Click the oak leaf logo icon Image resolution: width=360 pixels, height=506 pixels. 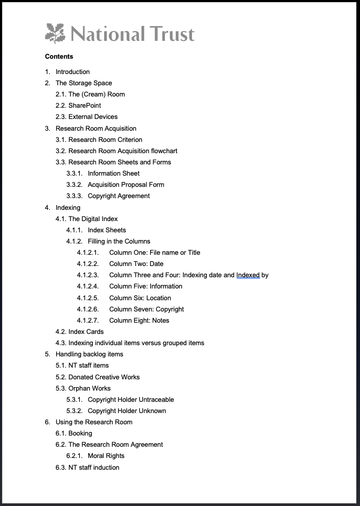tap(55, 33)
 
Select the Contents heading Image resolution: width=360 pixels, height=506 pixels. tap(59, 57)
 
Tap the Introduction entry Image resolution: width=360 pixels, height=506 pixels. tap(73, 72)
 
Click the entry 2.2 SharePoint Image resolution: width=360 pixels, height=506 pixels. tap(84, 106)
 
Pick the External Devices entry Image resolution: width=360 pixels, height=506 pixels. tap(92, 117)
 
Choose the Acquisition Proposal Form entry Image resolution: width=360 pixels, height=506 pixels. tap(126, 185)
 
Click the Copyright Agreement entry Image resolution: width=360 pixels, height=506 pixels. tap(118, 196)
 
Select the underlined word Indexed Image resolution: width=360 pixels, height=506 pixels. tap(248, 275)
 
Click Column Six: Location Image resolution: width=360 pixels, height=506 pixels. tap(140, 298)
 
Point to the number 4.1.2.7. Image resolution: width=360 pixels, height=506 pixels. tap(87, 321)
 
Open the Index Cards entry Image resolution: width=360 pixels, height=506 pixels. tap(86, 332)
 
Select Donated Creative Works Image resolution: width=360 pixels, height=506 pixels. tap(104, 377)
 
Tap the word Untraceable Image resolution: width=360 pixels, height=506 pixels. tap(156, 400)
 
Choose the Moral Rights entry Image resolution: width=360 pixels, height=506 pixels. tap(106, 456)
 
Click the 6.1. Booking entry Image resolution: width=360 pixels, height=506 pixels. tap(80, 433)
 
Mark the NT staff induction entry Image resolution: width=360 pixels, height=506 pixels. tap(93, 468)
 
